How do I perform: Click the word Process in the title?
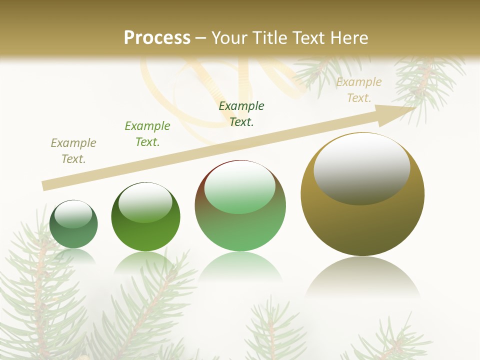157,37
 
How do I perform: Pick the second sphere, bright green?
145,230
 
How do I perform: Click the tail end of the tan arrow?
46,185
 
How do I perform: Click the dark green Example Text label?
241,113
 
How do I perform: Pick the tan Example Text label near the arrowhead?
359,90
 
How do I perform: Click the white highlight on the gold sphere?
361,169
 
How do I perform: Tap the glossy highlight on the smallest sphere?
73,214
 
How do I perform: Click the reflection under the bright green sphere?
145,262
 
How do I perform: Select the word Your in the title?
231,37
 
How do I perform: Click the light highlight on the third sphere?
240,187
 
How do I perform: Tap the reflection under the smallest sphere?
73,255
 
